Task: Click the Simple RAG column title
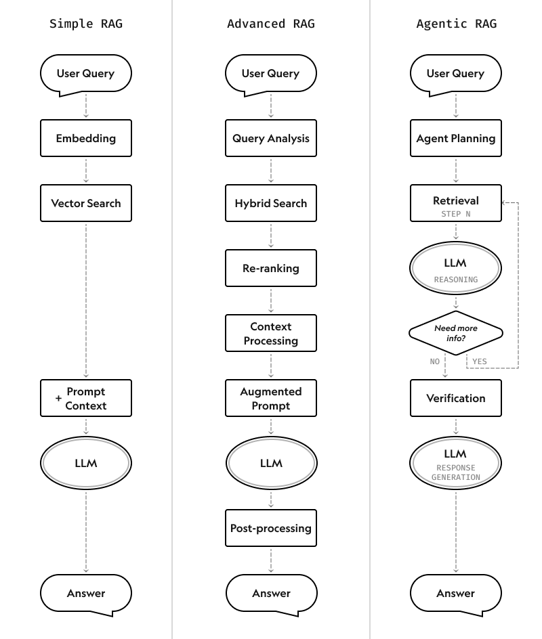[x=86, y=24]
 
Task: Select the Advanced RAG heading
[x=271, y=24]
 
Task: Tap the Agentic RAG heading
[x=456, y=24]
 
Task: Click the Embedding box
[x=86, y=138]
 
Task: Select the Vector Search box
[x=86, y=203]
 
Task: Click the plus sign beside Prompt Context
[x=59, y=399]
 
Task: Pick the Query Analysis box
[x=271, y=138]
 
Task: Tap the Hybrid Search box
[x=271, y=203]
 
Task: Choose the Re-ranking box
[x=271, y=268]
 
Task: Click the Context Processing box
[x=271, y=333]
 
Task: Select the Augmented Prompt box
[x=271, y=398]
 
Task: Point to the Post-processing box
[x=271, y=528]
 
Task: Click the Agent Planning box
[x=456, y=138]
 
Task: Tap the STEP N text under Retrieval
[x=456, y=214]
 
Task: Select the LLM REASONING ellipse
[x=456, y=268]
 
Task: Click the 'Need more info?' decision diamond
[x=456, y=333]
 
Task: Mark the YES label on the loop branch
[x=479, y=361]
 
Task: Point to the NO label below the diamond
[x=435, y=361]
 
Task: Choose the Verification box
[x=456, y=398]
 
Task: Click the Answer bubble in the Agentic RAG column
[x=456, y=593]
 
